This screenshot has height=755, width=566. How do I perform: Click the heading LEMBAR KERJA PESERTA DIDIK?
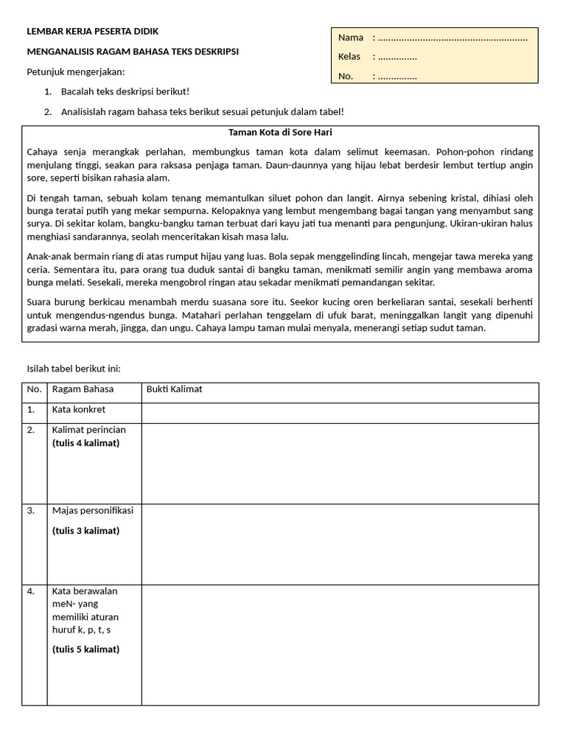pos(92,32)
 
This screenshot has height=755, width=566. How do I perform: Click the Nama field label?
pos(351,38)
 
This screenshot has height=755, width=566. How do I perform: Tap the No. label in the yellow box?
pos(346,76)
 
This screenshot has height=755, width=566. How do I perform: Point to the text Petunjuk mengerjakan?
pos(76,72)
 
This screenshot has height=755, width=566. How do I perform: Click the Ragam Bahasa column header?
pos(77,389)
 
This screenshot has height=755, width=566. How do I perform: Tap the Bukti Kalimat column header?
pos(174,389)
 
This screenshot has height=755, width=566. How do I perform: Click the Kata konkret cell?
pos(78,409)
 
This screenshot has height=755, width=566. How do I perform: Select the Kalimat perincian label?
pos(88,430)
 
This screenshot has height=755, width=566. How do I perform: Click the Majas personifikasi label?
pos(93,510)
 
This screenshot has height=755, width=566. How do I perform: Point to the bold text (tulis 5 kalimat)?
pos(85,649)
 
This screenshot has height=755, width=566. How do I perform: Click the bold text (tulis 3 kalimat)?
pos(85,530)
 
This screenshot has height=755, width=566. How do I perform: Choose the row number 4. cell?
pos(31,591)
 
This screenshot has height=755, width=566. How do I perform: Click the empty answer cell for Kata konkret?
pos(340,413)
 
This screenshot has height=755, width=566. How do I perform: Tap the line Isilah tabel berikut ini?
pos(73,369)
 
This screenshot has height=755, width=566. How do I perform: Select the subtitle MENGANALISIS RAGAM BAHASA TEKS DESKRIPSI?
pos(133,52)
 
